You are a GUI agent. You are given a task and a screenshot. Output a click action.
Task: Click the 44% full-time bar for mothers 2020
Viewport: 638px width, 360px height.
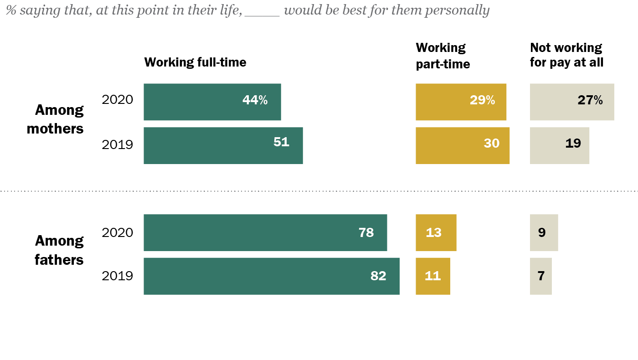pyautogui.click(x=212, y=102)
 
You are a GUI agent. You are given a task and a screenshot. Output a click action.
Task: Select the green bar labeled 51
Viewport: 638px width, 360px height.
pyautogui.click(x=223, y=145)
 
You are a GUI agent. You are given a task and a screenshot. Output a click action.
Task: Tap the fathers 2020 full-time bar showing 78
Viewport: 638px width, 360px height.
pyautogui.click(x=265, y=232)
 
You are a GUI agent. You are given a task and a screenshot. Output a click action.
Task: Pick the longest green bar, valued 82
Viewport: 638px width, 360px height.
pyautogui.click(x=271, y=276)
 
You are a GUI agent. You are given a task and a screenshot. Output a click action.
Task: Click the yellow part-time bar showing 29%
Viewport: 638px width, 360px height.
pyautogui.click(x=461, y=102)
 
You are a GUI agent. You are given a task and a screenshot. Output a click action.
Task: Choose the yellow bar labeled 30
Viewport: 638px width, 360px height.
pyautogui.click(x=462, y=145)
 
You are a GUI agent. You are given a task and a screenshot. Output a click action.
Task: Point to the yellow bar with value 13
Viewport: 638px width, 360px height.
pyautogui.click(x=436, y=232)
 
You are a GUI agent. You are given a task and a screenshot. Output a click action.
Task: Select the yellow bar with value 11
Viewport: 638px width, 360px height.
pyautogui.click(x=432, y=276)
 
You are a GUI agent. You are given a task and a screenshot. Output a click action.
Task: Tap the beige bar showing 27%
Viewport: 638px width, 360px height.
pyautogui.click(x=571, y=102)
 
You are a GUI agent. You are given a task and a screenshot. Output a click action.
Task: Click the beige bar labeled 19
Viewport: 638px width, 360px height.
pyautogui.click(x=559, y=145)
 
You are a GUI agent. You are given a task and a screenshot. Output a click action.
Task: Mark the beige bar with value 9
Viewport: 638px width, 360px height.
pyautogui.click(x=544, y=232)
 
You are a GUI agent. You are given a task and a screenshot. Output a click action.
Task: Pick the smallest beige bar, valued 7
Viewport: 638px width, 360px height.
pyautogui.click(x=540, y=276)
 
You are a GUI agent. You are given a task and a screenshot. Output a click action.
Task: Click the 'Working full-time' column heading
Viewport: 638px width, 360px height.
pyautogui.click(x=195, y=62)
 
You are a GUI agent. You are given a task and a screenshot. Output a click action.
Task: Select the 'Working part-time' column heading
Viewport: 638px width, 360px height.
pyautogui.click(x=442, y=56)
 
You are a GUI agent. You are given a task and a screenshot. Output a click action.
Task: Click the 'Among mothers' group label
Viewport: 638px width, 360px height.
pyautogui.click(x=56, y=119)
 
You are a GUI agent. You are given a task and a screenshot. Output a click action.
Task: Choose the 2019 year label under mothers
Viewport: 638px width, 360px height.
pyautogui.click(x=117, y=145)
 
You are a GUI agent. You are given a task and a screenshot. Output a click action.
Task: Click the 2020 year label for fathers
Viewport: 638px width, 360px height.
pyautogui.click(x=117, y=232)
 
